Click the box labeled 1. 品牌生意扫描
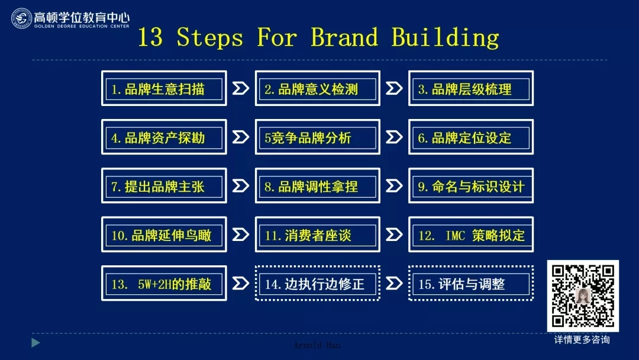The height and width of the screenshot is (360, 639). pyautogui.click(x=164, y=88)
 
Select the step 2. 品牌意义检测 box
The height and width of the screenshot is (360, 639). pyautogui.click(x=318, y=88)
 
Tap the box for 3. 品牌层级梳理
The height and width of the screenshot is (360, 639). pyautogui.click(x=471, y=88)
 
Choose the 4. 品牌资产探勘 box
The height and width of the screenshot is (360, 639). pyautogui.click(x=164, y=137)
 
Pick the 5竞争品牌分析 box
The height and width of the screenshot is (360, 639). pyautogui.click(x=318, y=137)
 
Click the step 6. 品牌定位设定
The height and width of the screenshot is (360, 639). pyautogui.click(x=471, y=137)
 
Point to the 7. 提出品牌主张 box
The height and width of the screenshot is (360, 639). pyautogui.click(x=164, y=185)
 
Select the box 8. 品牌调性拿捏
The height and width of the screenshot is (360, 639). pyautogui.click(x=318, y=185)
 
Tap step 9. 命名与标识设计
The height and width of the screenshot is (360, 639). pyautogui.click(x=471, y=185)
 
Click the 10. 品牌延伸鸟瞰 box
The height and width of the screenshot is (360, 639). pyautogui.click(x=164, y=234)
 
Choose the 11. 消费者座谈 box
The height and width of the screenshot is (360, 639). pyautogui.click(x=318, y=234)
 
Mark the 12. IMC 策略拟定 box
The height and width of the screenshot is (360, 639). pyautogui.click(x=471, y=234)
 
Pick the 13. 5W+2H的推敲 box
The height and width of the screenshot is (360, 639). pyautogui.click(x=164, y=283)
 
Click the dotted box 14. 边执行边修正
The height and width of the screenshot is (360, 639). pyautogui.click(x=318, y=283)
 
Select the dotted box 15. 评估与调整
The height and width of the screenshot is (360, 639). pyautogui.click(x=471, y=283)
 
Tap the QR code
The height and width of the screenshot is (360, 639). pyautogui.click(x=583, y=295)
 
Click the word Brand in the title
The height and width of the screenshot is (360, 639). pyautogui.click(x=344, y=37)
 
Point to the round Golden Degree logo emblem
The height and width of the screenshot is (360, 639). pyautogui.click(x=21, y=18)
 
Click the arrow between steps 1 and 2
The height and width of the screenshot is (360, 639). pyautogui.click(x=240, y=88)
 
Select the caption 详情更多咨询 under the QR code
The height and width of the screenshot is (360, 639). pyautogui.click(x=582, y=340)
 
